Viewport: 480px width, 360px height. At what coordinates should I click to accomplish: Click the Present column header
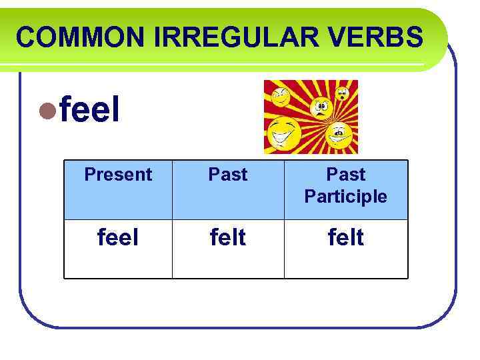point(118,175)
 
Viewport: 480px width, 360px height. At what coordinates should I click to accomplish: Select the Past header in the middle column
point(228,175)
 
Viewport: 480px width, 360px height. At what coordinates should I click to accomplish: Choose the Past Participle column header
point(345,185)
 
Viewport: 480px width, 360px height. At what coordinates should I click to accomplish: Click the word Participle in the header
point(345,197)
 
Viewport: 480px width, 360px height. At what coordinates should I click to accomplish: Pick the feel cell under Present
point(118,237)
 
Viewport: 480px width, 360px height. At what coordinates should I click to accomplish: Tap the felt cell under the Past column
point(228,237)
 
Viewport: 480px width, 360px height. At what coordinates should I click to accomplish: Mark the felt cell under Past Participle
point(345,237)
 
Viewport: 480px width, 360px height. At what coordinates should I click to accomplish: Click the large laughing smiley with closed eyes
point(283,135)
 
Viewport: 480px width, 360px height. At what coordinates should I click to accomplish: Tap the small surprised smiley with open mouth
point(343,93)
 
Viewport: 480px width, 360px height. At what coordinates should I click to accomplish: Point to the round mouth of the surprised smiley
point(343,97)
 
